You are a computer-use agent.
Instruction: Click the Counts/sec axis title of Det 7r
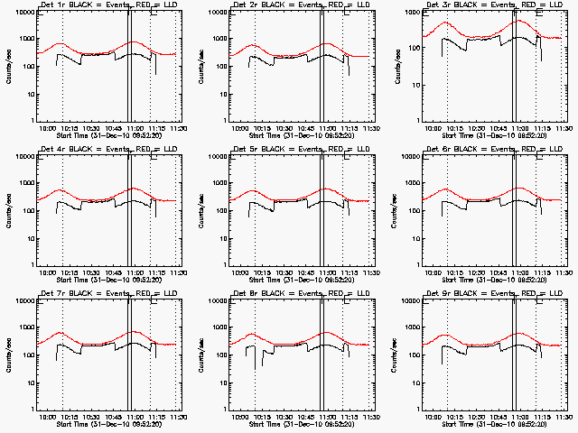[x=7, y=355]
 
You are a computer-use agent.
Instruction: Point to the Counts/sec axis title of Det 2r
[x=200, y=67]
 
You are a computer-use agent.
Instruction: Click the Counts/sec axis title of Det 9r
[x=394, y=355]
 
